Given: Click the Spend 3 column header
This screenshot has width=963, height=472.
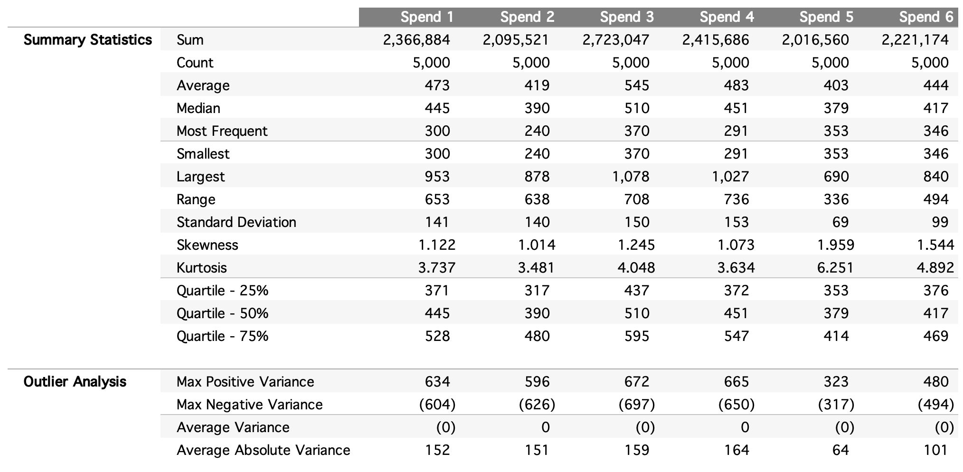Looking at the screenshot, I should click(626, 17).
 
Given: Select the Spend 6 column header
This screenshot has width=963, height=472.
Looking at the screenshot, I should click(925, 17).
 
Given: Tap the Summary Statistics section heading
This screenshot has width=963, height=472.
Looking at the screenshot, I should click(88, 40).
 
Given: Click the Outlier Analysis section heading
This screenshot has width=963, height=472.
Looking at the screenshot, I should click(75, 382).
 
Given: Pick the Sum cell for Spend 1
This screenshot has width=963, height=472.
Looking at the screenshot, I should click(416, 40).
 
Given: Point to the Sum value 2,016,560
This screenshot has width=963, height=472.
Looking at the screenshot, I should click(815, 40).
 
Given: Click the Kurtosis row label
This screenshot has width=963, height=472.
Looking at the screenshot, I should click(201, 268).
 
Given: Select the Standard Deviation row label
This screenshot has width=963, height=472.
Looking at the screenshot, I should click(236, 222).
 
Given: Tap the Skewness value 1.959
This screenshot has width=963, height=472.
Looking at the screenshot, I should click(835, 245).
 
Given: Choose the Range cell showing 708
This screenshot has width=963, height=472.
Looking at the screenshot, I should click(636, 199).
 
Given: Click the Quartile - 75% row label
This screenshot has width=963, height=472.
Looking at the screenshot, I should click(222, 336).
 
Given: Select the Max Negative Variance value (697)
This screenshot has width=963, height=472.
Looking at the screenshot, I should click(636, 405).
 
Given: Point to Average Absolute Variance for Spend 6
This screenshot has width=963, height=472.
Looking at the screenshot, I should click(935, 450).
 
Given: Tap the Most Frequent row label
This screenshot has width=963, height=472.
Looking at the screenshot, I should click(222, 131).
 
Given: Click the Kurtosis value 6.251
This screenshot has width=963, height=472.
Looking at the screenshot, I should click(835, 268).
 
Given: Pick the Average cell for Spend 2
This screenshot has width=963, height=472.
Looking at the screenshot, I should click(537, 85).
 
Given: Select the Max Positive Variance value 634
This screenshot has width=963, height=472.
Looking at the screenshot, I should click(437, 382).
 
